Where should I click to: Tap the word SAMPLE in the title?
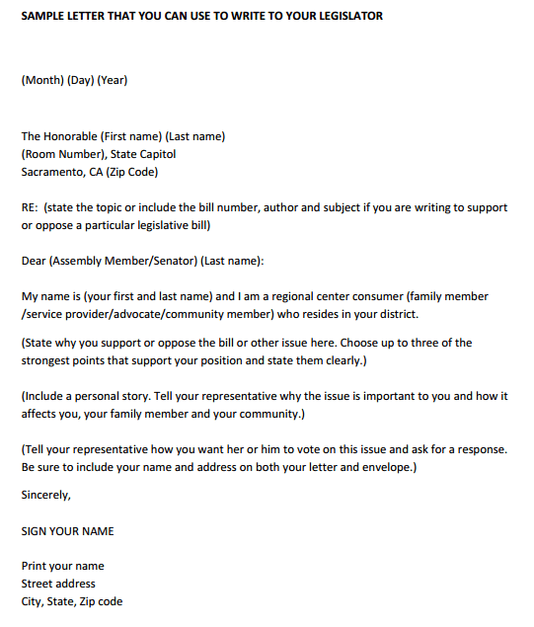[40, 16]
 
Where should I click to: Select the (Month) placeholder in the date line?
[42, 80]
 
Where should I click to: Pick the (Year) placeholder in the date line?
[113, 80]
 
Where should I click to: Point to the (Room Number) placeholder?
[66, 154]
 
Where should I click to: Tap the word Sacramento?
[52, 172]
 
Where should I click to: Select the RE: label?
[30, 207]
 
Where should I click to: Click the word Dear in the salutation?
[33, 261]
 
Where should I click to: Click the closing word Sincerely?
[46, 495]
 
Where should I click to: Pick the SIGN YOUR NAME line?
[67, 530]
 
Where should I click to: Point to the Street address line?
[59, 584]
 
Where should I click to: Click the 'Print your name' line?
[62, 566]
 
